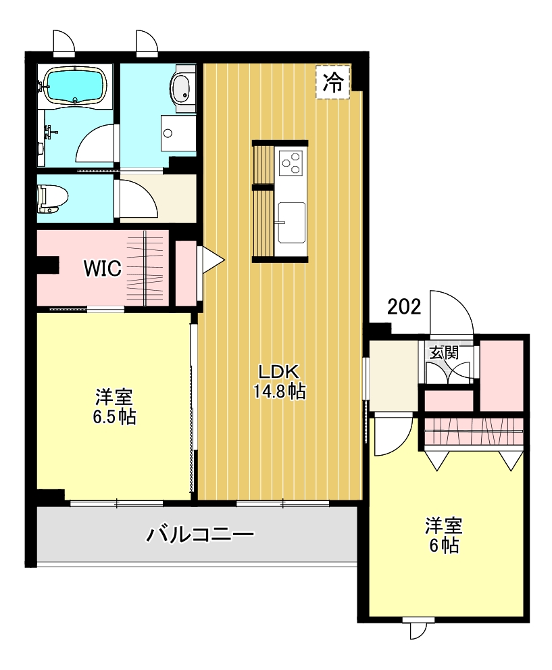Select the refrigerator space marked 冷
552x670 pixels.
pos(333,82)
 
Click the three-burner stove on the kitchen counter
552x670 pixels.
pos(291,162)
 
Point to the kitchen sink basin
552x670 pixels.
pos(292,222)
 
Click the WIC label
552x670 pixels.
pos(103,268)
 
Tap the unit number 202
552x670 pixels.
pos(404,306)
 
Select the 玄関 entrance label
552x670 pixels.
pos(444,353)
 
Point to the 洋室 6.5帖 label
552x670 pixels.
pos(114,406)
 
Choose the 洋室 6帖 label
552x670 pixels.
pos(444,535)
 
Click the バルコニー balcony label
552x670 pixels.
pos(200,534)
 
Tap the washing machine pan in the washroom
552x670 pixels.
pos(178,133)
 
